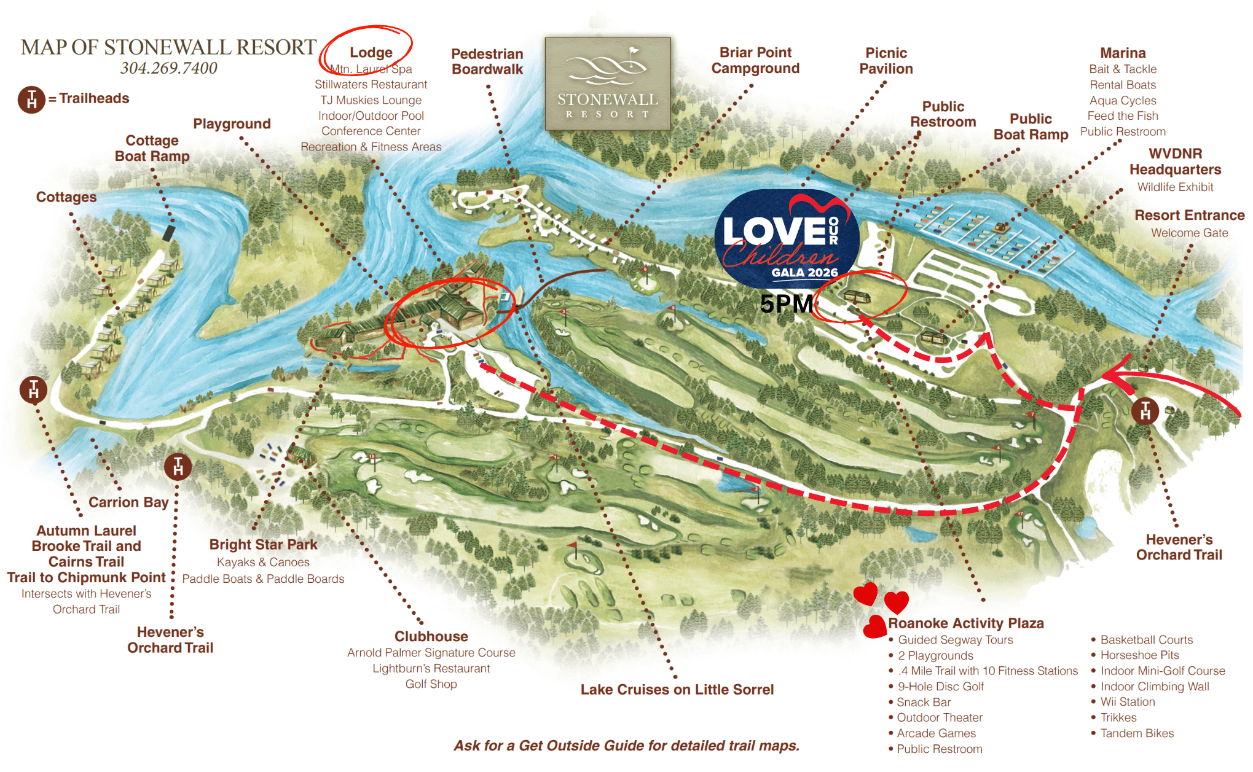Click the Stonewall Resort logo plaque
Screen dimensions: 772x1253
coord(607,84)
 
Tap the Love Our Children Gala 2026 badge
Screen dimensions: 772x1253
coord(786,240)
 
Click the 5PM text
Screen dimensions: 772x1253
coord(786,304)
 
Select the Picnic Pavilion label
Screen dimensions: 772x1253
coord(886,61)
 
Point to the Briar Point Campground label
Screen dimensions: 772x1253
coord(755,60)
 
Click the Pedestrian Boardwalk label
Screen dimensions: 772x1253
coord(487,61)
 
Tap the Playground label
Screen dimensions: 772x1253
coord(232,123)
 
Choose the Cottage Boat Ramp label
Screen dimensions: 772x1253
coord(152,148)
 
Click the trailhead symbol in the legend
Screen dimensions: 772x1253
coord(31,99)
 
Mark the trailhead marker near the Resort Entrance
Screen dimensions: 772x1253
coord(1145,411)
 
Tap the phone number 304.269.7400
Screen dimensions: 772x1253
coord(168,68)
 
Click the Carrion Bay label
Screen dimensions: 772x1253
coord(128,502)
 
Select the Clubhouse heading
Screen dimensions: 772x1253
coord(431,636)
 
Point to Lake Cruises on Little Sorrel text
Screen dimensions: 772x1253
coord(677,690)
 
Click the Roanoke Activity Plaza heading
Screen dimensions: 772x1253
coord(965,623)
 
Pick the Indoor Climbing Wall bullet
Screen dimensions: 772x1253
coord(1155,687)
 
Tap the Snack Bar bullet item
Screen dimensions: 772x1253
coord(923,702)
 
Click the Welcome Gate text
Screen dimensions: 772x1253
coord(1189,233)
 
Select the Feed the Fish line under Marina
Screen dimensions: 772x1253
coord(1122,115)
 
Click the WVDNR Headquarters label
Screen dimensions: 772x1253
coord(1175,162)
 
